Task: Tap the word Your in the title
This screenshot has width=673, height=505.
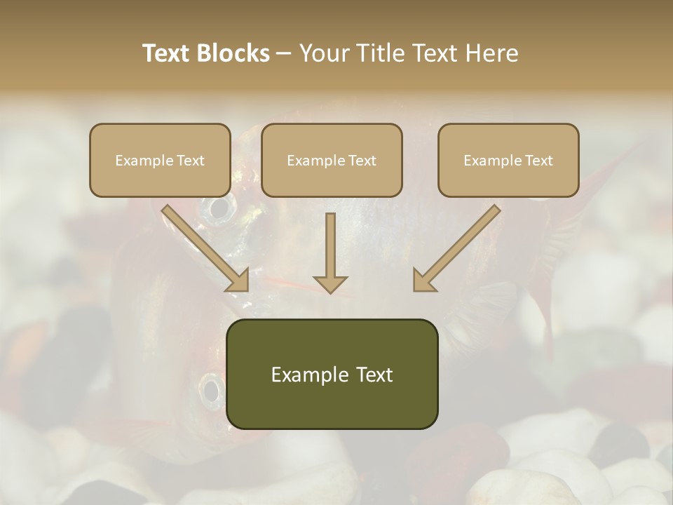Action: [325, 53]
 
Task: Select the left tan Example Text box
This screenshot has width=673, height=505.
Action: [160, 160]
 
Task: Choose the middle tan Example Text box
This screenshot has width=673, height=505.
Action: [332, 160]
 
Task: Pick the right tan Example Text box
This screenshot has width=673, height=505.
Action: [508, 160]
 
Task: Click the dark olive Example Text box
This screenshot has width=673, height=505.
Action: [332, 374]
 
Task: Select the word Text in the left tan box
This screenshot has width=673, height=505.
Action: [190, 161]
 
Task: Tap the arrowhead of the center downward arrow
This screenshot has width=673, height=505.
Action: [330, 283]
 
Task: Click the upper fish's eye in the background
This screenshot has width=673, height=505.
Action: [219, 207]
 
